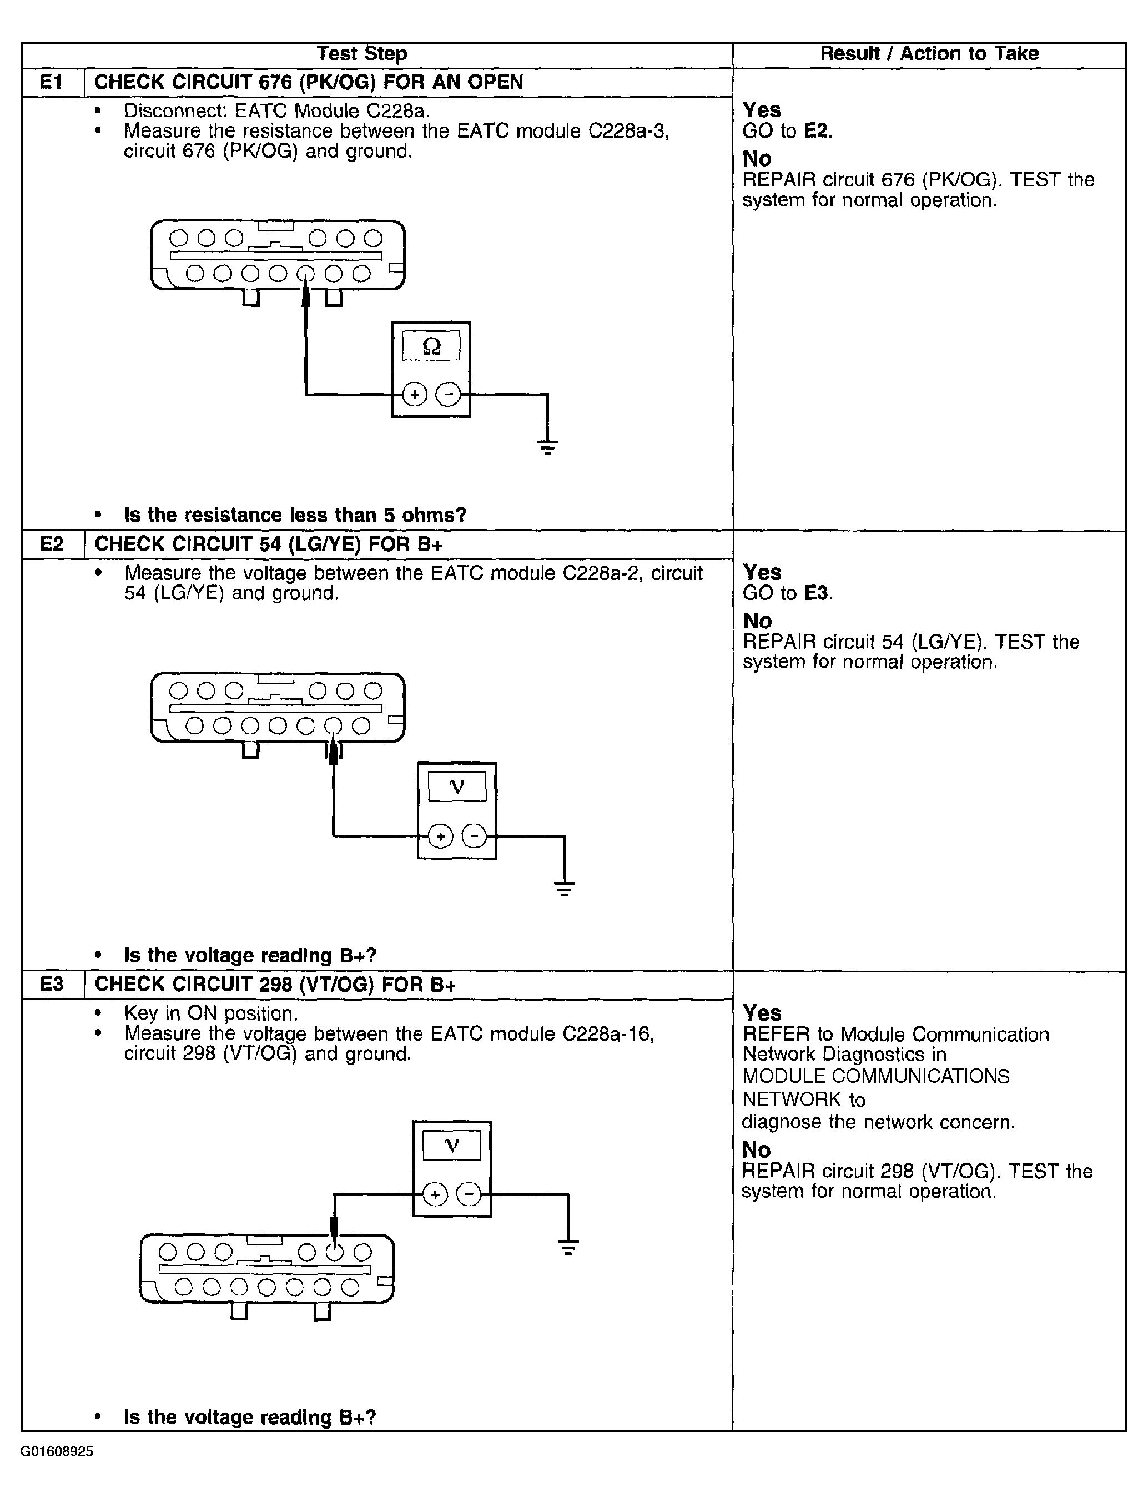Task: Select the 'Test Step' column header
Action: coord(361,54)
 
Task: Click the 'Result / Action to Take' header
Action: coord(929,54)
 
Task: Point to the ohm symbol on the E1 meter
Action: coord(431,346)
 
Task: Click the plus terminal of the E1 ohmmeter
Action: coord(414,394)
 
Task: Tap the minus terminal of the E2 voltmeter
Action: coord(474,835)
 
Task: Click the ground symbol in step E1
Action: coord(547,447)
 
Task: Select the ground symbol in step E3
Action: coord(568,1247)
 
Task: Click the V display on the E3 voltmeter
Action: coord(452,1146)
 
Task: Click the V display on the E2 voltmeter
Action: coord(457,787)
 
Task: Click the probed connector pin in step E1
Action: coord(305,273)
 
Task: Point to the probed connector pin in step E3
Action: coord(334,1252)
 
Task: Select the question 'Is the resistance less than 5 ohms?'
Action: coord(295,515)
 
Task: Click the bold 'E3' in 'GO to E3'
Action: coord(816,593)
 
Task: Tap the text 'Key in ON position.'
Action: coord(211,1013)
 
